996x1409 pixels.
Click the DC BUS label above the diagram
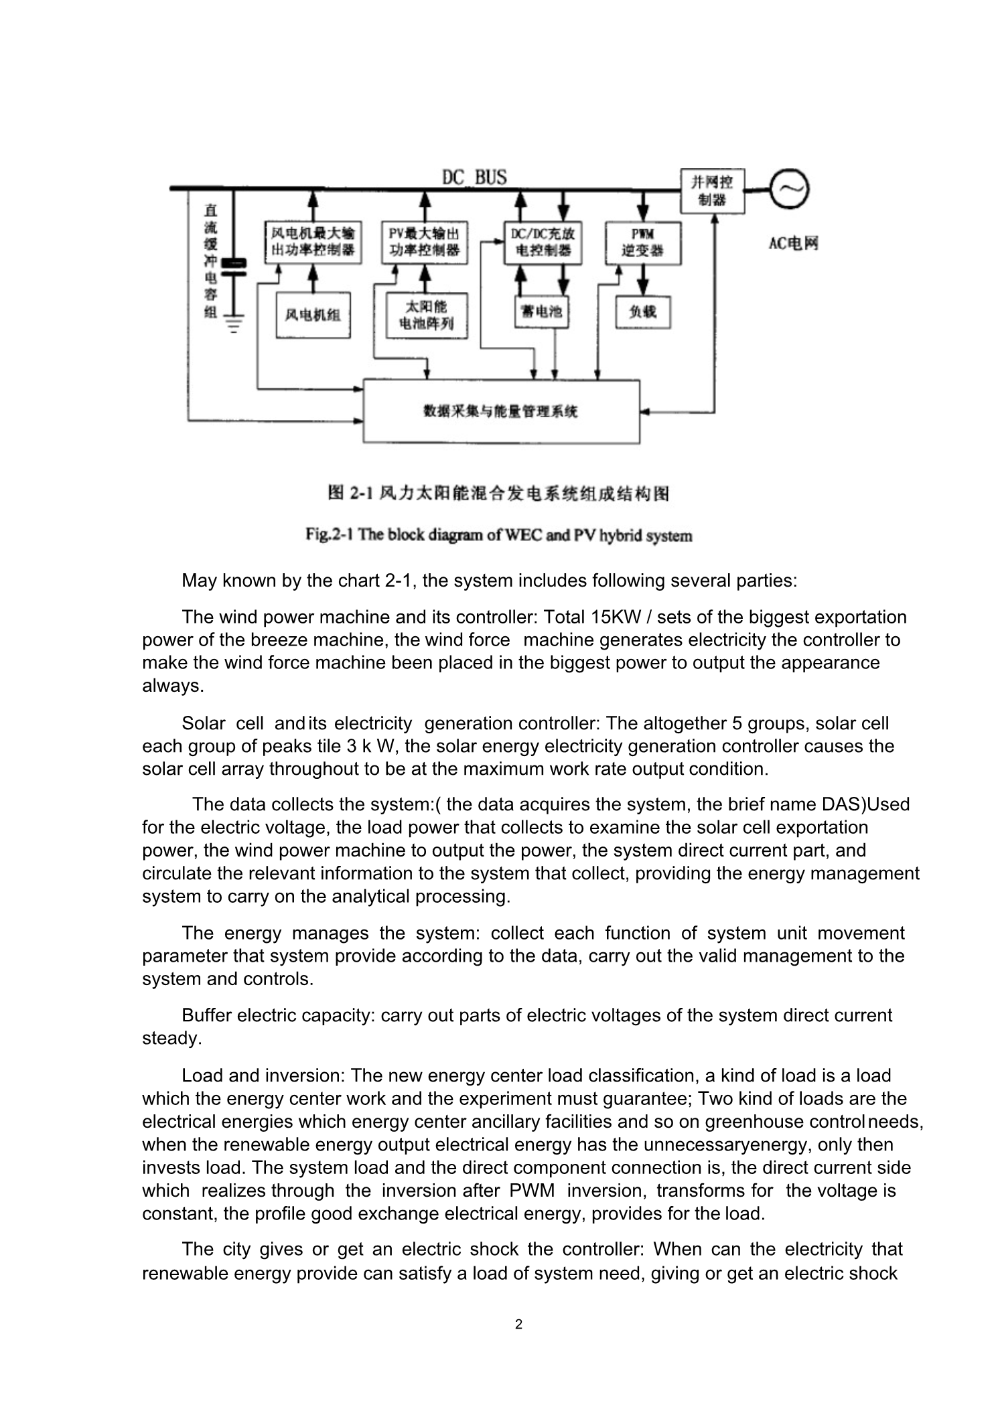point(474,177)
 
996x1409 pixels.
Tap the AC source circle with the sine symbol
point(788,190)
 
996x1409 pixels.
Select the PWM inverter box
point(642,243)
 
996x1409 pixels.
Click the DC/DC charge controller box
point(542,242)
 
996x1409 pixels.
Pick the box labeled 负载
point(642,312)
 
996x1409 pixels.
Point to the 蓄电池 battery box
point(541,312)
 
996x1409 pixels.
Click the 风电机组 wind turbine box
point(313,315)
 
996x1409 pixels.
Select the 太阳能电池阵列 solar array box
point(427,315)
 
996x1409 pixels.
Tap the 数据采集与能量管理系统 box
point(501,411)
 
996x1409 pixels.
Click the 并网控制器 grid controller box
point(712,191)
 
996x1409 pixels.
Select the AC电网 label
point(793,243)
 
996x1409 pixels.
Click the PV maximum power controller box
point(425,242)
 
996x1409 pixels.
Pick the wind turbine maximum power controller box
point(312,242)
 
